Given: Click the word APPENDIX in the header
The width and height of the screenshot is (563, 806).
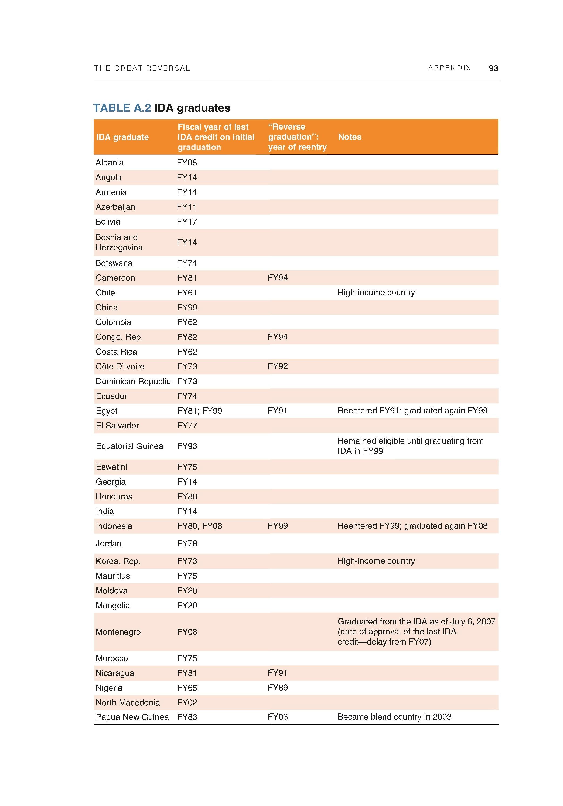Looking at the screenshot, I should [449, 68].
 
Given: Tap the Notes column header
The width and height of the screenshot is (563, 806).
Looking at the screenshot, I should [349, 137].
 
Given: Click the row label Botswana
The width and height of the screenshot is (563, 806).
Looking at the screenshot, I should [114, 263].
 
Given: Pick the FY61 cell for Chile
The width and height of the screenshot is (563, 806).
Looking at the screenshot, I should [187, 293].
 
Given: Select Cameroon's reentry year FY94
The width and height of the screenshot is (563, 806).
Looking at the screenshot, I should [277, 278].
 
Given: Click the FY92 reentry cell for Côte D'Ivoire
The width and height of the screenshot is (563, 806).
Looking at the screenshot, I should [277, 366].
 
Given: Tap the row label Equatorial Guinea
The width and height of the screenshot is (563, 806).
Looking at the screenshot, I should [129, 446].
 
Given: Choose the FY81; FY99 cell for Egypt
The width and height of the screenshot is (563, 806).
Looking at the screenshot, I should [199, 411].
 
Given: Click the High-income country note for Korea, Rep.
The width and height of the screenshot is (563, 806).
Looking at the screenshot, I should [376, 561].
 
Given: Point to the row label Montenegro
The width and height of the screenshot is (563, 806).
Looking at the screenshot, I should [118, 632].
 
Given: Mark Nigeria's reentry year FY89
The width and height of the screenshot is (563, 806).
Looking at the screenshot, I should [277, 688].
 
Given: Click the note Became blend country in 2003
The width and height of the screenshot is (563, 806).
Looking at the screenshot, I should [394, 717].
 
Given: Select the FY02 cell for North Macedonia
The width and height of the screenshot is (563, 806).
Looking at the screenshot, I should [187, 702].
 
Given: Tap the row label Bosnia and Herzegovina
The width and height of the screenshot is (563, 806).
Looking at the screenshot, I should [119, 242].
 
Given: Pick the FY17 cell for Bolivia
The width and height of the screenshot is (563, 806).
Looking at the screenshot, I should [187, 222].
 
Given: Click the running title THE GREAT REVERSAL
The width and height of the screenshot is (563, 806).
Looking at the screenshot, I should [142, 68].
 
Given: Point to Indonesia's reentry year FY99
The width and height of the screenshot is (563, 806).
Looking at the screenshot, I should [277, 526].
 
